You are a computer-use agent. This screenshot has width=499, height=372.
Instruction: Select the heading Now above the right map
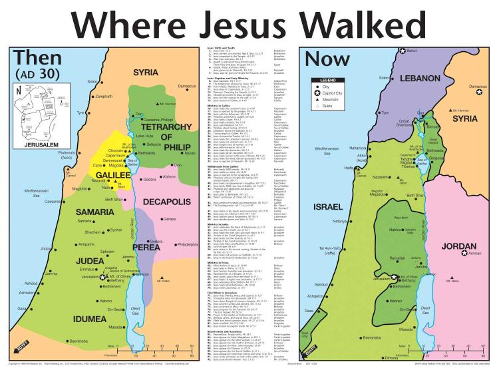[327, 58]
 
